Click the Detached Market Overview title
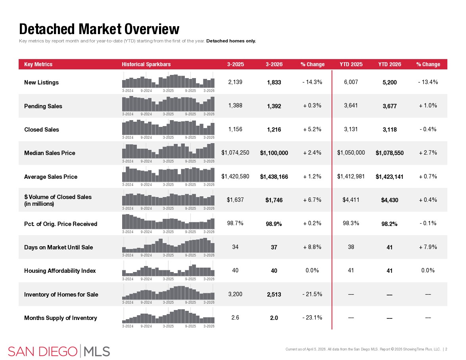[x=99, y=29]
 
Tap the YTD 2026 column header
[x=389, y=64]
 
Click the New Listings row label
[x=41, y=82]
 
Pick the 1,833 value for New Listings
[x=274, y=82]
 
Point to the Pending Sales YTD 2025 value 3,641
[x=351, y=105]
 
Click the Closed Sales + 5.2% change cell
[x=312, y=129]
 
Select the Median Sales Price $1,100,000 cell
[x=274, y=153]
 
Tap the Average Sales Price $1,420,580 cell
[x=235, y=176]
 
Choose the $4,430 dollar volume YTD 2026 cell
[x=389, y=200]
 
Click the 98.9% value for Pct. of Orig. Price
[x=274, y=224]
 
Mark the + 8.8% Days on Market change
[x=312, y=247]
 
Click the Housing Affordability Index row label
[x=60, y=271]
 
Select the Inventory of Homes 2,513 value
[x=274, y=295]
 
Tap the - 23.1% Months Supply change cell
[x=312, y=318]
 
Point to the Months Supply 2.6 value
[x=235, y=318]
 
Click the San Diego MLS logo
[x=59, y=351]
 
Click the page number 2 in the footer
[x=446, y=349]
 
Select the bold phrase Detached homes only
[x=231, y=41]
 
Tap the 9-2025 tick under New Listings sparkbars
[x=190, y=91]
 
